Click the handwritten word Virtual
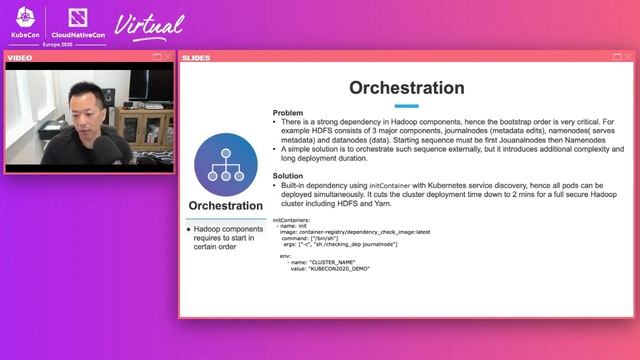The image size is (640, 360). pos(150,24)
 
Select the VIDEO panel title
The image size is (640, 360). pos(20,57)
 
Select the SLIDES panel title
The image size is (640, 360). pos(196,57)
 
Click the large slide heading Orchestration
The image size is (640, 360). pos(406,88)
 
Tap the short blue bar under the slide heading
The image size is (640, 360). pos(406,105)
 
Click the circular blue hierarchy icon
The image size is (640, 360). pos(226,165)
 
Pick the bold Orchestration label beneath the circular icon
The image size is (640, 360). pos(226,207)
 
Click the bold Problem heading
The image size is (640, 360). pos(288,113)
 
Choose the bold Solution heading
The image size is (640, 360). pos(289,175)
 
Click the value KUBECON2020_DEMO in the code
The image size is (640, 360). pos(342,269)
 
